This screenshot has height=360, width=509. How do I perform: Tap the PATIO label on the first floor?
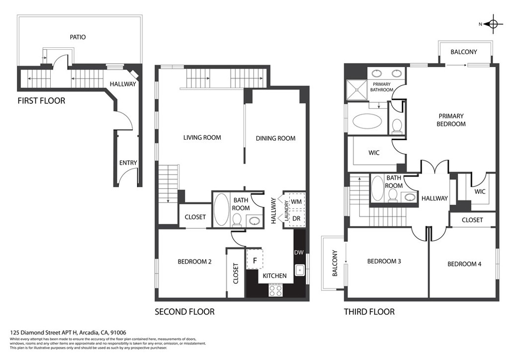[x=77, y=37]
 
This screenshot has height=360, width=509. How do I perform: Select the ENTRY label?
[x=128, y=163]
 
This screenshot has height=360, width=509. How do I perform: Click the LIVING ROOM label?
[x=202, y=138]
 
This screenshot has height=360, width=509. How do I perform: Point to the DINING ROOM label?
[x=275, y=138]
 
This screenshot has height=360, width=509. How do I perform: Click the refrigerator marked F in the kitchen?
[x=254, y=260]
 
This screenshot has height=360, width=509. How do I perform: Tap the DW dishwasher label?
[x=299, y=253]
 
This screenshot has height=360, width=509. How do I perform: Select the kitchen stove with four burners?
[x=275, y=289]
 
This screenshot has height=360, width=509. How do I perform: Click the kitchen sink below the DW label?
[x=300, y=270]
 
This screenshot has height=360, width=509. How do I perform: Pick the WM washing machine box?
[x=296, y=201]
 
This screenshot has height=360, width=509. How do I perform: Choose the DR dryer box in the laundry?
[x=296, y=218]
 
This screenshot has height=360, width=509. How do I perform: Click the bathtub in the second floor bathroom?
[x=221, y=209]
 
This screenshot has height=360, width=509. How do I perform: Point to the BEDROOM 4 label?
[x=464, y=264]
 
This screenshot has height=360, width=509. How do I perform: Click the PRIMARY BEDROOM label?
[x=451, y=120]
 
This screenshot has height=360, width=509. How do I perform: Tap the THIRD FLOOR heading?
[x=369, y=312]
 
